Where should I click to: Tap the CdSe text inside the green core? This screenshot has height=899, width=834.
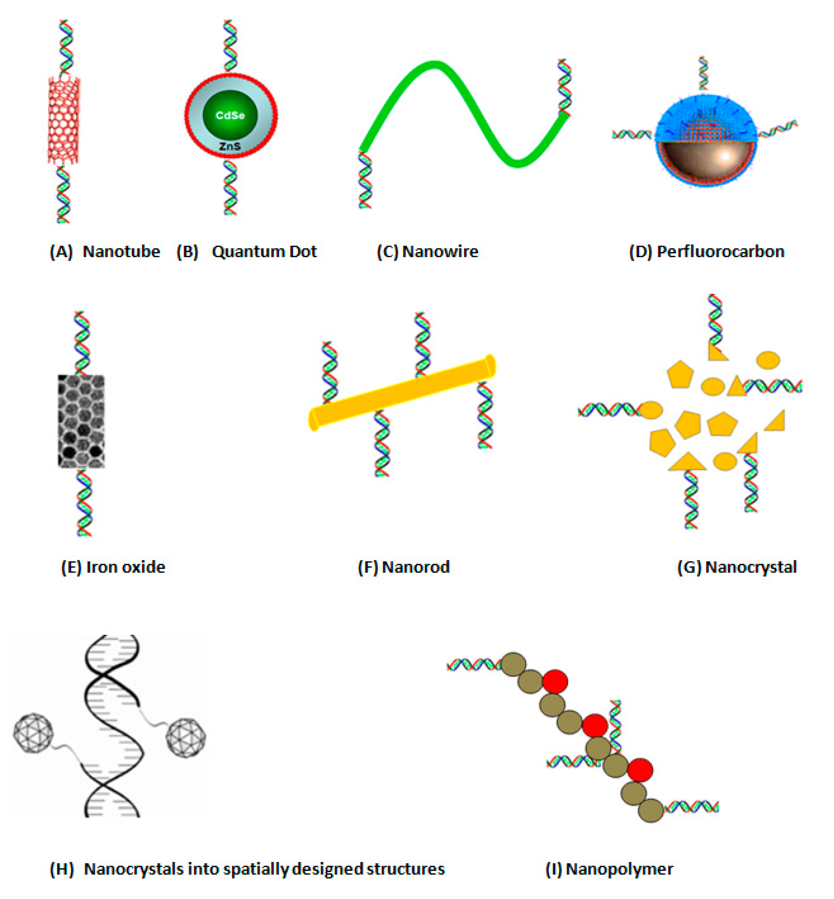(230, 115)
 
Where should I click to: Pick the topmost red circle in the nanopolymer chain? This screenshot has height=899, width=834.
(555, 681)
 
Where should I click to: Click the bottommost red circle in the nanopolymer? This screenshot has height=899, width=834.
(640, 770)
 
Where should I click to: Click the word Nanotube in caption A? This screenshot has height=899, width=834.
(121, 251)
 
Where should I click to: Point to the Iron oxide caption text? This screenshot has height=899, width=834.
(126, 567)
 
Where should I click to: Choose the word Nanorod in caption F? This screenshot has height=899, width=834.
(416, 567)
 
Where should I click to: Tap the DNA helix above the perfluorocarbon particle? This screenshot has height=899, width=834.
(703, 73)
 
